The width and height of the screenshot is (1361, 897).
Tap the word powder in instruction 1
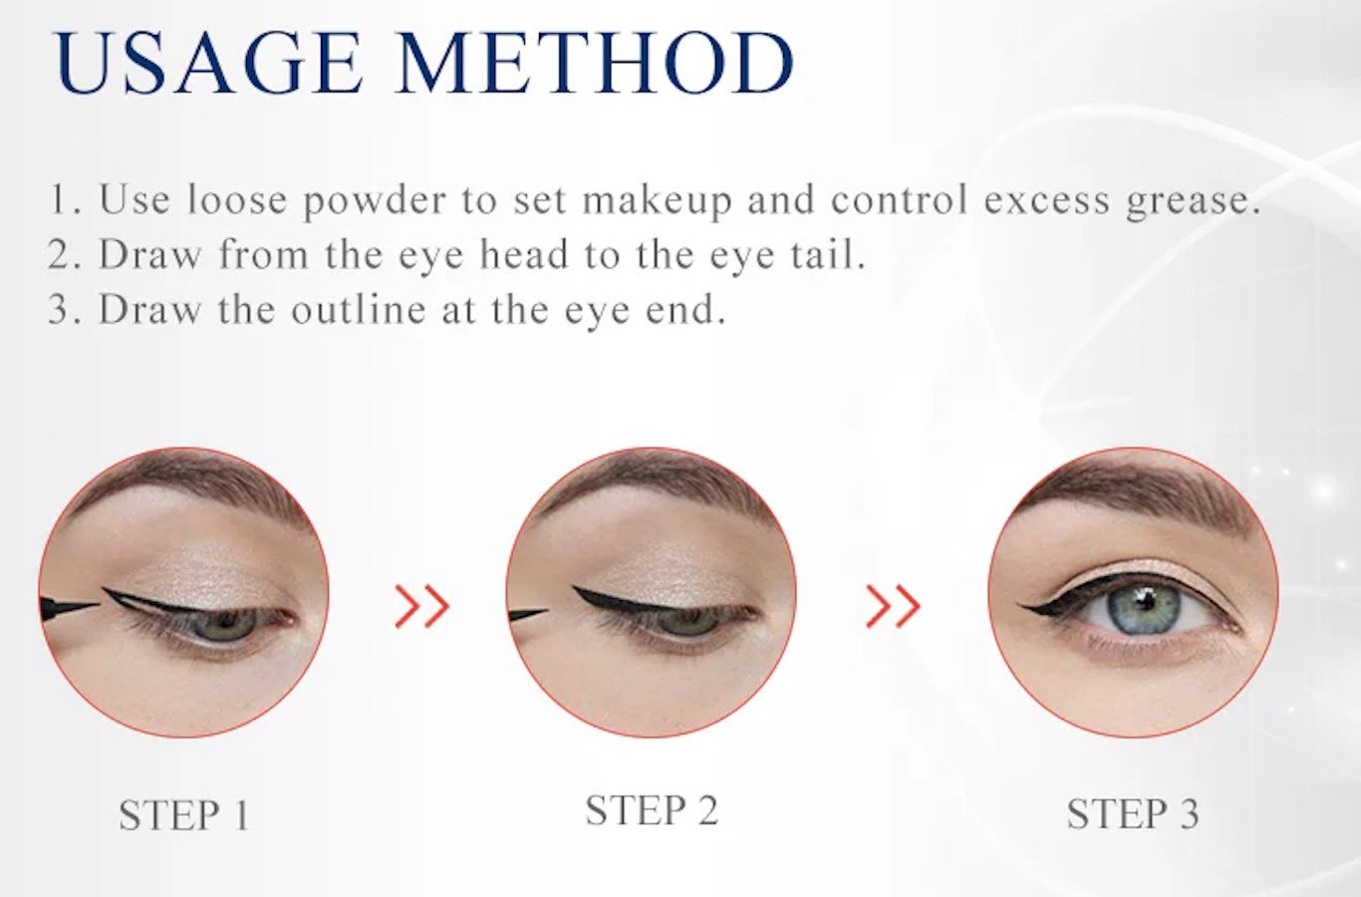point(375,201)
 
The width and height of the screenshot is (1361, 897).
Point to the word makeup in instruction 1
point(658,200)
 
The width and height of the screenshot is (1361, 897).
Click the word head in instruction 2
point(524,253)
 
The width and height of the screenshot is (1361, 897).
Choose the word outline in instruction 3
point(359,309)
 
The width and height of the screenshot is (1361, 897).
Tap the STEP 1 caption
point(184,815)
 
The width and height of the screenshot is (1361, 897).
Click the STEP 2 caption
point(652,810)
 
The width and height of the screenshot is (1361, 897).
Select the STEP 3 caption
point(1133,814)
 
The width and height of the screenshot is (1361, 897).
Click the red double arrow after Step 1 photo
point(422,606)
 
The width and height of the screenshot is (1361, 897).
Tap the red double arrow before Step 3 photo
point(893,606)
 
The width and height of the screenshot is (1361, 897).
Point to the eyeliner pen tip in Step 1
point(98,605)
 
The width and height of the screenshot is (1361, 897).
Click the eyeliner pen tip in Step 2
point(548,611)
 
